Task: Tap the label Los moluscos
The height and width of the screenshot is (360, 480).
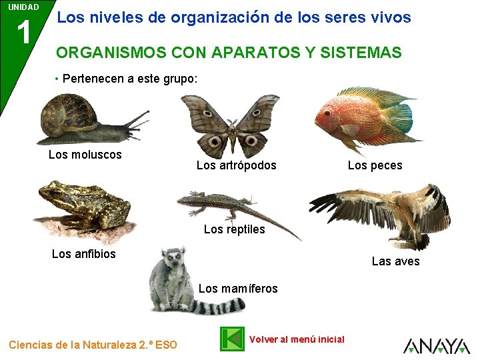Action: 85,155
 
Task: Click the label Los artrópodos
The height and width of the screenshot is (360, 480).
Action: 236,165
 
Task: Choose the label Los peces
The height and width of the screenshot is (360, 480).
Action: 375,165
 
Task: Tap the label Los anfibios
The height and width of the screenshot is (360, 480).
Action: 83,254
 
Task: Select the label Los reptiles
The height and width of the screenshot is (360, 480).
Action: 234,229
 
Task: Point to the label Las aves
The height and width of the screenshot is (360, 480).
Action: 395,261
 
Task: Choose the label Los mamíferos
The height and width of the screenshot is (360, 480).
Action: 238,289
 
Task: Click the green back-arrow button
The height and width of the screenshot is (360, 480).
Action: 232,339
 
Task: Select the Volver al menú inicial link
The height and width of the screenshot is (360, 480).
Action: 296,339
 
